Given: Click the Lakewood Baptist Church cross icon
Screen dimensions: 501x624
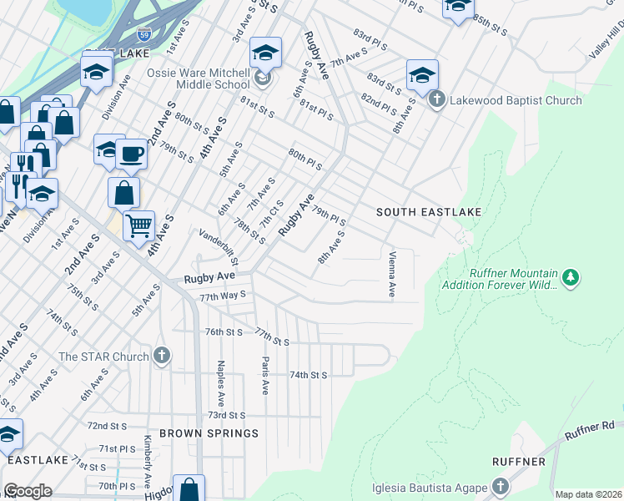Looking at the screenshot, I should pos(436,100).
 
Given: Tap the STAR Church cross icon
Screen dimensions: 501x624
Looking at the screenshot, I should pos(163,357).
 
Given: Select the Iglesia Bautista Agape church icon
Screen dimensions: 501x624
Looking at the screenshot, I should pos(499,486).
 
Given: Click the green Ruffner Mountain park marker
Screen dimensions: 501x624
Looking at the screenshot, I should pos(570,276).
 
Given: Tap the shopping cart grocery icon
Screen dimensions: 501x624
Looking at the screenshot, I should pos(138,224).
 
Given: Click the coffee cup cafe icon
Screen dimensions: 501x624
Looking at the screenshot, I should pos(130,154).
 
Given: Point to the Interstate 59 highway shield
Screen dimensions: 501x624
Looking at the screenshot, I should pos(143,36).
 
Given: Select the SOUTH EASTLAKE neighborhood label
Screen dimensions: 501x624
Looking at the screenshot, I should pos(429,212).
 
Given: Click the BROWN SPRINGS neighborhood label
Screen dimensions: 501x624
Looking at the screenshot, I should pos(209,433).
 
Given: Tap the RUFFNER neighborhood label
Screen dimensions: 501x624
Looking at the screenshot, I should pos(518,462).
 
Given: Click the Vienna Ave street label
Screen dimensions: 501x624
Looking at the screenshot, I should pos(391,274).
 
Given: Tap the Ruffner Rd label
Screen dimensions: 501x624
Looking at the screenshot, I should pos(593,432).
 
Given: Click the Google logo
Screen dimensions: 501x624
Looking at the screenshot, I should pos(27,491).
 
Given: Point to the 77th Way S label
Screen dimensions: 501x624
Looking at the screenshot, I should pos(222,296).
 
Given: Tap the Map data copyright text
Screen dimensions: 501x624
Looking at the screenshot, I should pos(588,494).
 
